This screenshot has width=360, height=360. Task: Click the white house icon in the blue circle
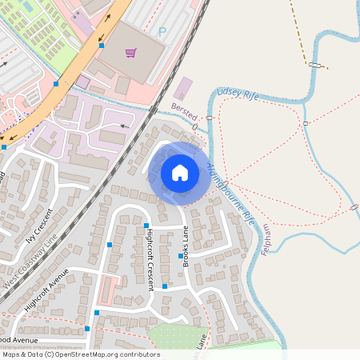(179, 173)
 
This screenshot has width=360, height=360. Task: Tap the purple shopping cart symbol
(130, 53)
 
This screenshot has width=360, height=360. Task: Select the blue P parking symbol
(162, 32)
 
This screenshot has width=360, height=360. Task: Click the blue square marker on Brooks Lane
(181, 256)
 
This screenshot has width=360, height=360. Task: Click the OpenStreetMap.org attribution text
(104, 354)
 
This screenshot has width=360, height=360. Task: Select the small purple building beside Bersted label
(183, 88)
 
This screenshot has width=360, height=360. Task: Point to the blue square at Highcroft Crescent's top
(147, 226)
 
